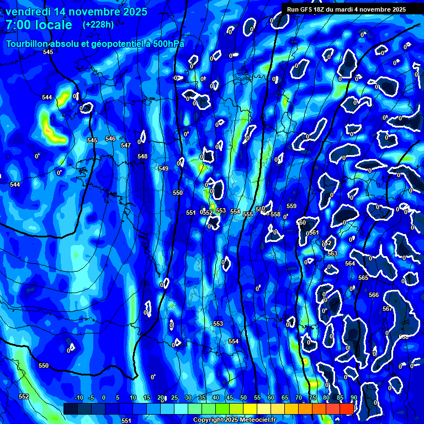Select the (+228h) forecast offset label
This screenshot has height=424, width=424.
click(x=98, y=24)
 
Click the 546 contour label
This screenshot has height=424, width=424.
click(x=110, y=139)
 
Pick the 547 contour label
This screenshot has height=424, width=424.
click(x=126, y=145)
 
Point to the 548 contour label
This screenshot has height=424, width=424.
click(x=142, y=157)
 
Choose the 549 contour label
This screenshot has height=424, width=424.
click(x=163, y=168)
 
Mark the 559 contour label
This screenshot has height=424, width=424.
click(x=291, y=206)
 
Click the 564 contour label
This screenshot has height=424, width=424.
click(x=350, y=263)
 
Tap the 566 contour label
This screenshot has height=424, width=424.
click(x=374, y=295)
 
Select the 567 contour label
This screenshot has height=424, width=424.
click(x=387, y=309)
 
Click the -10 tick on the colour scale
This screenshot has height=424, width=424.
click(x=78, y=397)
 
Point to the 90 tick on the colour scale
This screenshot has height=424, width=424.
click(x=353, y=397)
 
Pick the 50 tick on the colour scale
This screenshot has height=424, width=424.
click(x=243, y=397)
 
